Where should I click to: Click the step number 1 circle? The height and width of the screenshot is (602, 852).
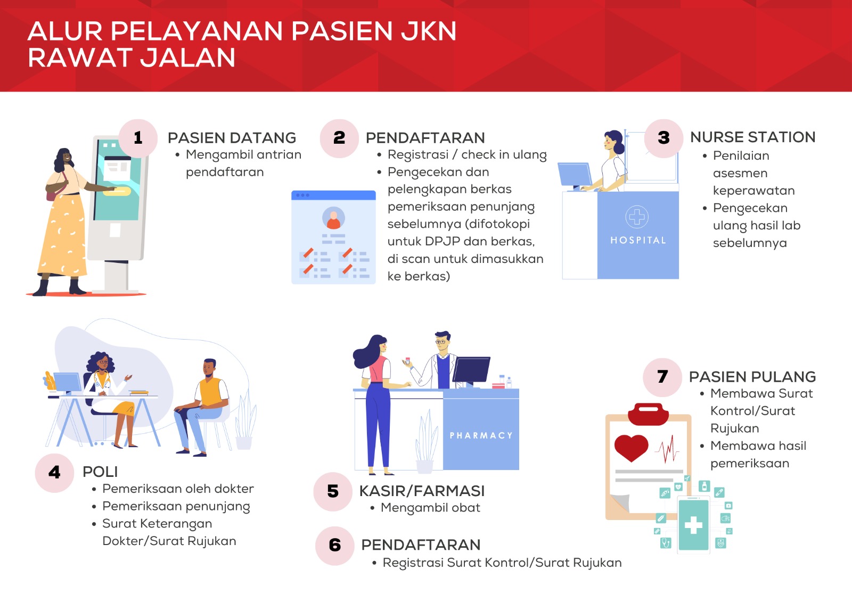(138, 138)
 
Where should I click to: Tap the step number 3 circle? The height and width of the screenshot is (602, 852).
(663, 138)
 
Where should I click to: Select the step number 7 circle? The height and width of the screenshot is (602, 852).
(662, 377)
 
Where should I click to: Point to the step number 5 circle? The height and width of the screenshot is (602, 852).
(333, 492)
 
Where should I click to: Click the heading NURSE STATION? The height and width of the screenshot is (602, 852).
(753, 137)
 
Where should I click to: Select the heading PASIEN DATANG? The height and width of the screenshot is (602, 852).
(232, 138)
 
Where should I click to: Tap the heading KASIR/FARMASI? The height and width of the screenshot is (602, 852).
(422, 491)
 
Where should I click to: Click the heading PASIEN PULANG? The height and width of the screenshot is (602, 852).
(752, 377)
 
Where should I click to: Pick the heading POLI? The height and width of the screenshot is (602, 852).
(101, 472)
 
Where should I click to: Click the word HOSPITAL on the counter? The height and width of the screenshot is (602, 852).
(638, 241)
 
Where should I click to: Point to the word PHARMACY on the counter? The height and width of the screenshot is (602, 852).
(481, 435)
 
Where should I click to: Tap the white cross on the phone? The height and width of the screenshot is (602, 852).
(693, 525)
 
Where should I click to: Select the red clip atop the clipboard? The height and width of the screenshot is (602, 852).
(648, 414)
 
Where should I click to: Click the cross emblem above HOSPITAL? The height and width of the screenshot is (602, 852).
(637, 217)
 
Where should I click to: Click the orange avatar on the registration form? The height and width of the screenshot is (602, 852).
(333, 218)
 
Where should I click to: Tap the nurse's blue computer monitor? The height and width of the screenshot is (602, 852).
(575, 175)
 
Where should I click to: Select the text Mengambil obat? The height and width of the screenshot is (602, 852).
(431, 508)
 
